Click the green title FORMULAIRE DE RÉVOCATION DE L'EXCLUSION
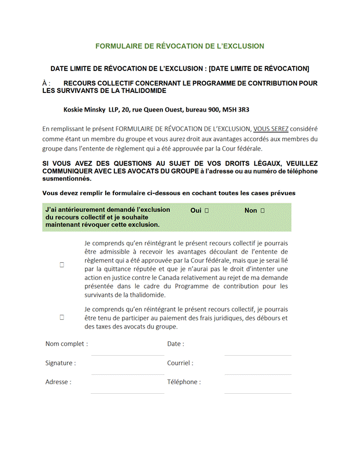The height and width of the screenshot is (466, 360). (x=180, y=46)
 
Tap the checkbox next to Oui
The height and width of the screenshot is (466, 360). (x=206, y=211)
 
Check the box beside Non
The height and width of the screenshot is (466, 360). (x=262, y=211)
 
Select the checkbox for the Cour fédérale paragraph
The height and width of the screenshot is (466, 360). (x=62, y=264)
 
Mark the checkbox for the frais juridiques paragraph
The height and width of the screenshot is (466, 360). (x=62, y=317)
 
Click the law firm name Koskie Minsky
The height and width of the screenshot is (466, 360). (x=84, y=109)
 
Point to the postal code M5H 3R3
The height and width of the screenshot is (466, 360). (x=242, y=109)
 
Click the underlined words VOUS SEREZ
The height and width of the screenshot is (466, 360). (x=271, y=129)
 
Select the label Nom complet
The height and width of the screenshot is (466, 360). (x=66, y=344)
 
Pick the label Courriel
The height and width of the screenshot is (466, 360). (x=180, y=363)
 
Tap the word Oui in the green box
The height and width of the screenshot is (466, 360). (x=196, y=211)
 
